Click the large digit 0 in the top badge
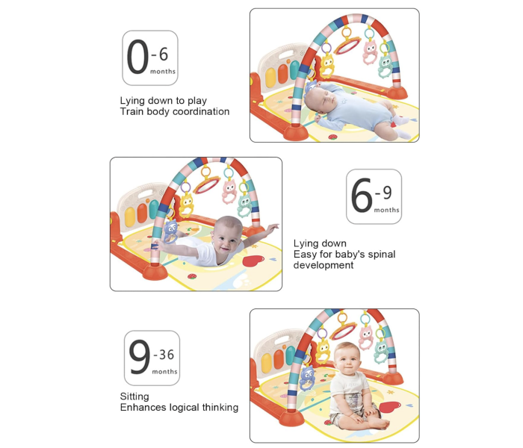click(x=137, y=57)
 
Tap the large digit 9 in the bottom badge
click(x=139, y=358)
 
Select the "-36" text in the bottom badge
click(x=164, y=354)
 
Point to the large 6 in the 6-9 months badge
click(x=362, y=196)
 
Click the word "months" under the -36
click(x=164, y=371)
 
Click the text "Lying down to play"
click(x=164, y=100)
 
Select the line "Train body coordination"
click(x=175, y=111)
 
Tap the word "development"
click(x=324, y=265)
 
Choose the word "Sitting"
click(x=134, y=396)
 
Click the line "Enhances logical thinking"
click(x=179, y=408)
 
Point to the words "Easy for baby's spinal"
click(x=344, y=254)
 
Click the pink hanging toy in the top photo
click(x=369, y=52)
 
